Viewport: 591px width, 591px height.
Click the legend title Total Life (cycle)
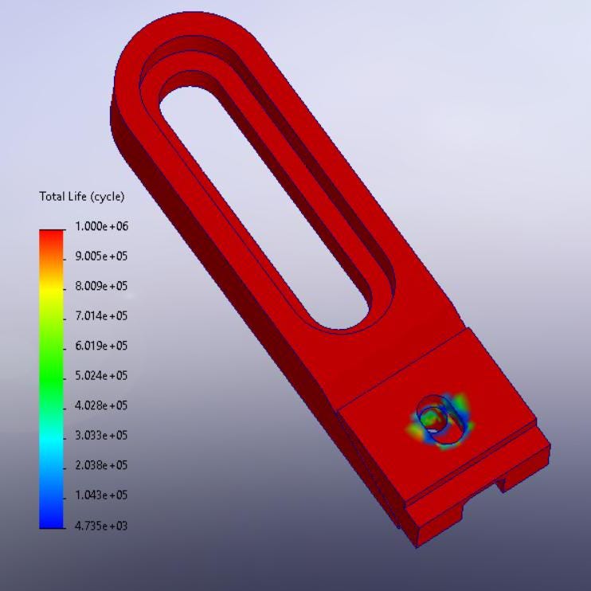click(x=82, y=197)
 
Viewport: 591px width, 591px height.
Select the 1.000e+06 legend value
click(x=101, y=226)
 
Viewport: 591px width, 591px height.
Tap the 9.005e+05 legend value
click(x=101, y=256)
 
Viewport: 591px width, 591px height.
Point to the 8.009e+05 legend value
click(x=101, y=286)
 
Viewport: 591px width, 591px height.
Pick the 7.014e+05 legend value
click(x=101, y=316)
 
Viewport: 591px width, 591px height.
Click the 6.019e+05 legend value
click(x=101, y=346)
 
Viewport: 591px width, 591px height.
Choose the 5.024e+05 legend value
click(x=101, y=376)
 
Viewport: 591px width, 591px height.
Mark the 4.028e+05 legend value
click(x=101, y=405)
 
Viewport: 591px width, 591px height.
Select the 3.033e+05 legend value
click(x=101, y=436)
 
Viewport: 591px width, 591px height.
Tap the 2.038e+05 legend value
click(x=101, y=465)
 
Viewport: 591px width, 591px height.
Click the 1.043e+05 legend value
click(x=101, y=495)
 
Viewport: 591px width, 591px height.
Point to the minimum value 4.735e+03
click(x=101, y=526)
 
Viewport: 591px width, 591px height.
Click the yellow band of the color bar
click(x=52, y=288)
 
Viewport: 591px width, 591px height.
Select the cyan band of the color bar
click(x=52, y=438)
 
